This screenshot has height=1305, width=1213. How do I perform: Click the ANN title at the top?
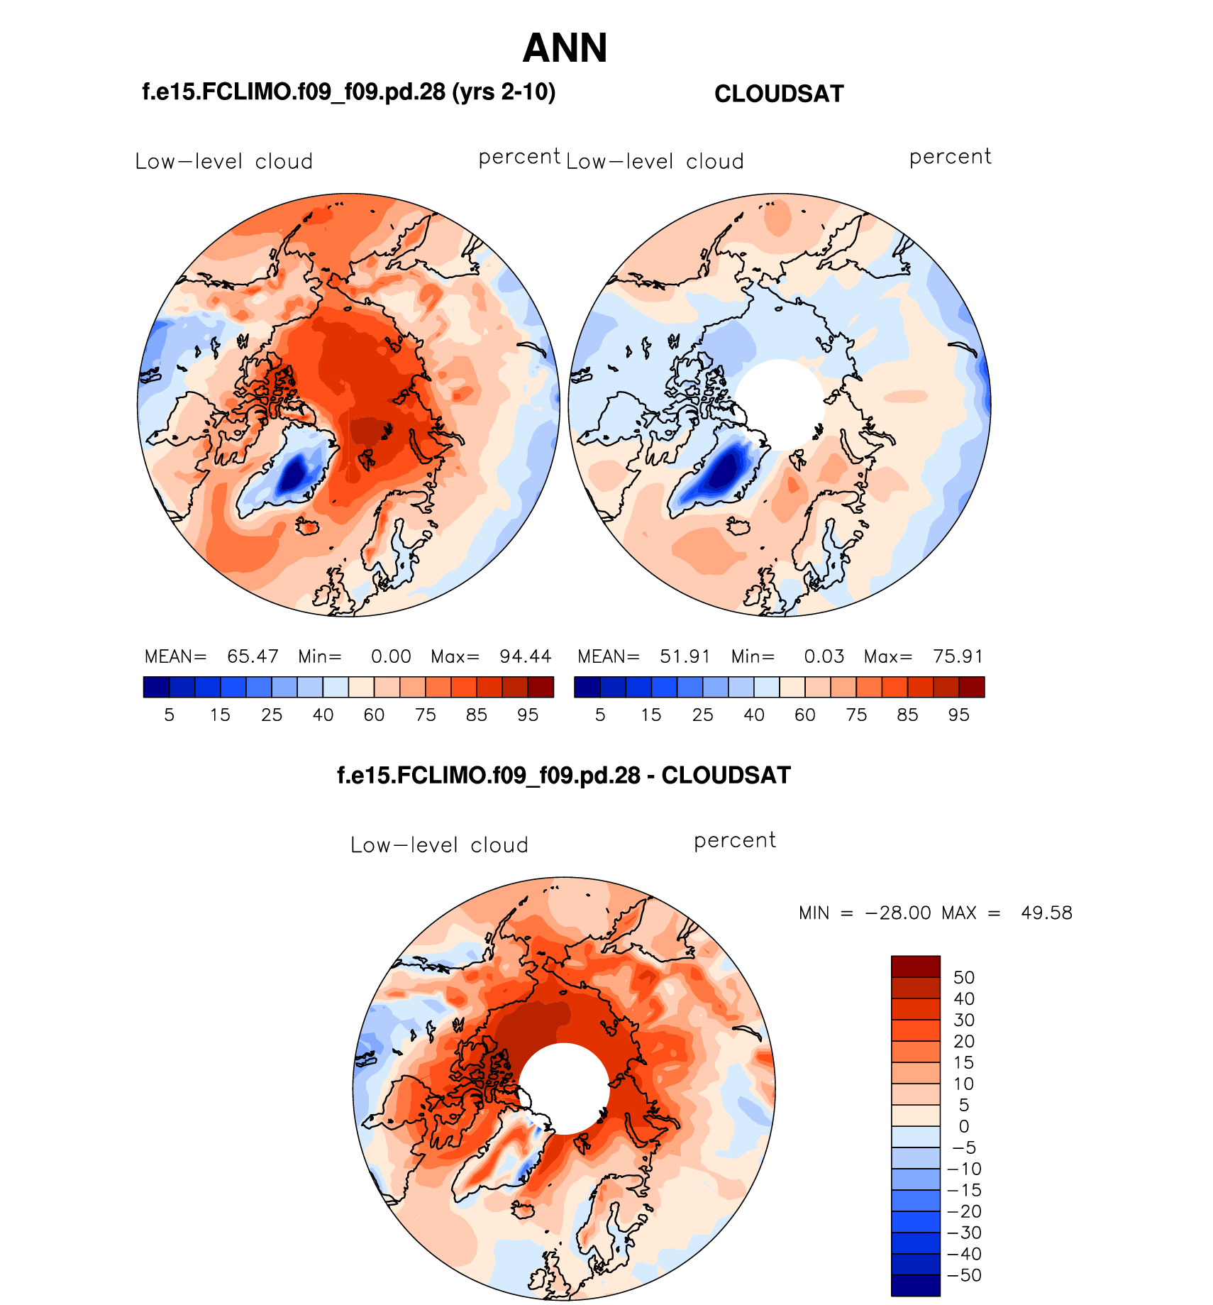565,48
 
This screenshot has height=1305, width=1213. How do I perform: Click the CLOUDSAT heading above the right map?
779,94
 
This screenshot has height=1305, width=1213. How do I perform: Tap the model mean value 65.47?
253,656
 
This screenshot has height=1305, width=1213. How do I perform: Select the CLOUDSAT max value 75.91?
958,656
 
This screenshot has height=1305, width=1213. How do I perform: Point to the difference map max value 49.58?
1046,913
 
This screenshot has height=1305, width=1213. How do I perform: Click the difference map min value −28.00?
898,913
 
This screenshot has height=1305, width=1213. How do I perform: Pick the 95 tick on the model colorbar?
528,715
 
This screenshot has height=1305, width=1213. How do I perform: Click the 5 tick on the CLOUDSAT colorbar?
600,715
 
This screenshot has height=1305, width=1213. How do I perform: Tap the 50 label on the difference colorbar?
963,977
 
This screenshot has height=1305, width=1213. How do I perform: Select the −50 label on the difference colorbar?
964,1275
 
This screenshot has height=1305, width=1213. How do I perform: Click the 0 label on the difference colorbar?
963,1126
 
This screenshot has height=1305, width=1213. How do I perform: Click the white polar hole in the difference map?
565,1088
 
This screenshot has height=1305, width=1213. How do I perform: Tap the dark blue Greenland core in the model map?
292,475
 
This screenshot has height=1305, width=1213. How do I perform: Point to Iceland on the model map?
308,527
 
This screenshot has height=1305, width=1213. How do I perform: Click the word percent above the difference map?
735,840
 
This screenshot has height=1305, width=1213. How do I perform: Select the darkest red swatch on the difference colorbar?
915,967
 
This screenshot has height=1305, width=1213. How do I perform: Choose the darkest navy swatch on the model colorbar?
156,687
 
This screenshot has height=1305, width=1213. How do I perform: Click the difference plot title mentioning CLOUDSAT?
563,775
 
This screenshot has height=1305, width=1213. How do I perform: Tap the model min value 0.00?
391,656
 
